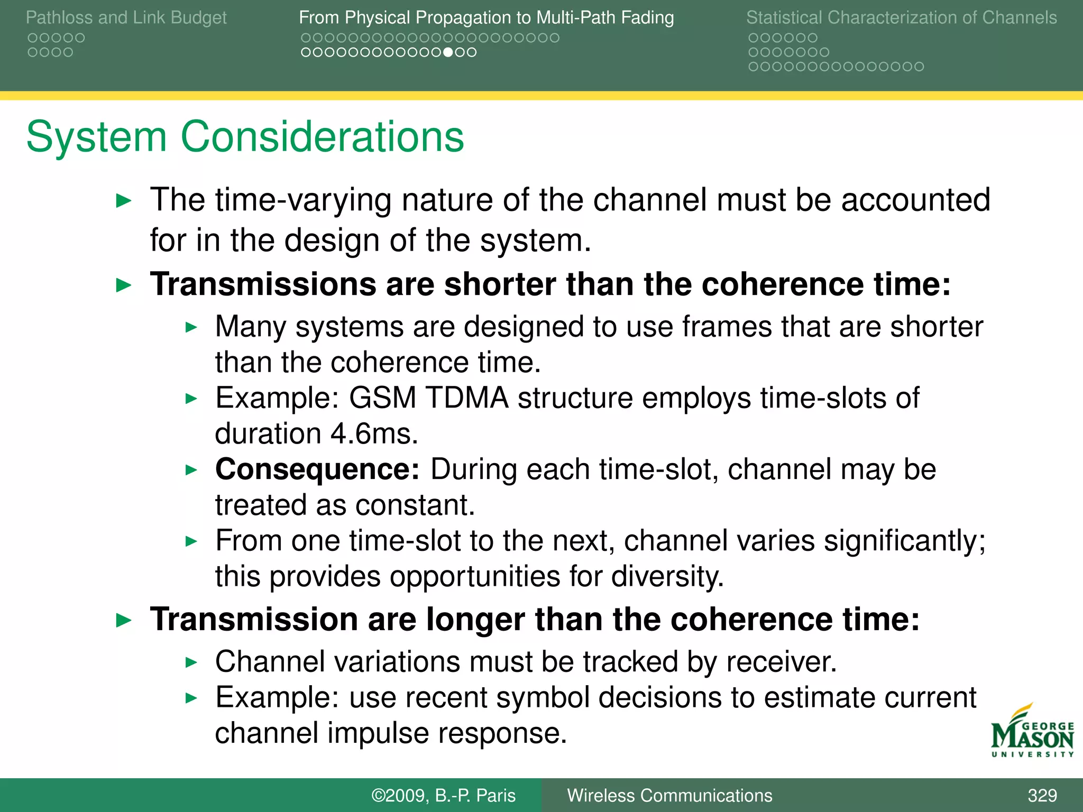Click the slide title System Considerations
245,136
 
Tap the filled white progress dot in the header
448,52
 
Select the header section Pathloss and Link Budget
126,17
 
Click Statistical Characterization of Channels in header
901,17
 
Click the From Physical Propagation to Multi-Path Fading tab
486,17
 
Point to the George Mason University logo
1032,732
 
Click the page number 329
1042,795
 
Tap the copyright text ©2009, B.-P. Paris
443,795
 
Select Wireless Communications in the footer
669,795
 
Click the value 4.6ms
374,434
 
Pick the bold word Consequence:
317,469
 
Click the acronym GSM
382,398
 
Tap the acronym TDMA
466,398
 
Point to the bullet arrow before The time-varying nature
123,201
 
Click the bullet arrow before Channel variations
191,662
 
